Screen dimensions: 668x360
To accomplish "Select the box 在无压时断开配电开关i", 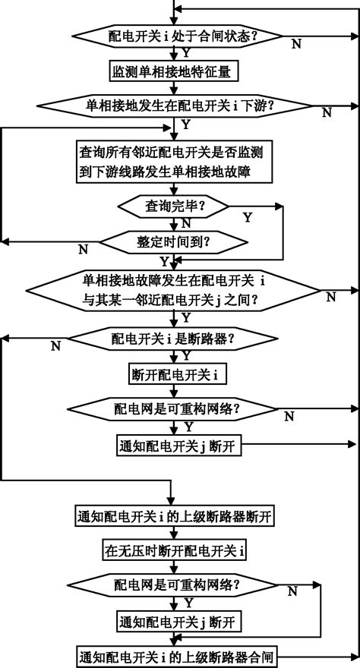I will [176, 550].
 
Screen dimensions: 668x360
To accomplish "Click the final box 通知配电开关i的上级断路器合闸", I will [175, 654].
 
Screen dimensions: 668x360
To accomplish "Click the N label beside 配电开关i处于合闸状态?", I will [296, 45].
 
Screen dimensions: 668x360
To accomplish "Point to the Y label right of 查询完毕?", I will [247, 217].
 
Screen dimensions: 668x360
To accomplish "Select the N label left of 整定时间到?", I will [83, 248].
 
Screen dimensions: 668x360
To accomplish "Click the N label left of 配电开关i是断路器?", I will [55, 346].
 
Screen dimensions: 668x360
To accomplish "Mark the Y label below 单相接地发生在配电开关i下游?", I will [187, 124].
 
